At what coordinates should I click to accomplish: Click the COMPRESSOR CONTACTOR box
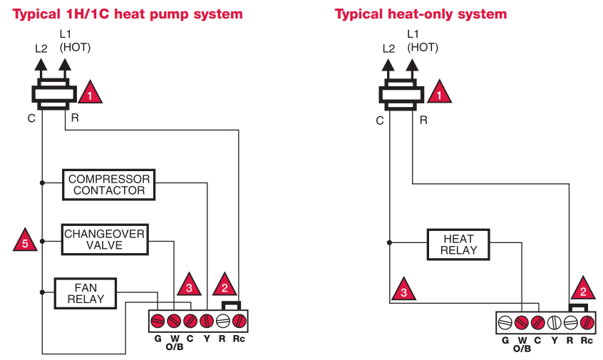(x=108, y=185)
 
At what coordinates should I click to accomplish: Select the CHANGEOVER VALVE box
(x=104, y=240)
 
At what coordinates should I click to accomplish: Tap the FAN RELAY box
(x=86, y=293)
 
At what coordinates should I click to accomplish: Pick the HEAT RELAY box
(x=458, y=245)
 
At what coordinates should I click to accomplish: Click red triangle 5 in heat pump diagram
(x=25, y=241)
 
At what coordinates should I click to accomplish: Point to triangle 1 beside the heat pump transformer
(x=90, y=93)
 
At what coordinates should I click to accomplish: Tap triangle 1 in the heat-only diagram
(x=439, y=93)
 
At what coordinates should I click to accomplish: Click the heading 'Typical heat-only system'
(x=421, y=14)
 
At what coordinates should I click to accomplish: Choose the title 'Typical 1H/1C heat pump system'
(x=127, y=14)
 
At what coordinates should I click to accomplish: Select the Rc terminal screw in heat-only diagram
(x=586, y=322)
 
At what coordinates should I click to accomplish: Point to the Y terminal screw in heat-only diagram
(x=553, y=322)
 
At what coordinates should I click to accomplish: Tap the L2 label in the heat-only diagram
(x=388, y=48)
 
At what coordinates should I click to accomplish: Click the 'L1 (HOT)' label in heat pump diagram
(x=74, y=41)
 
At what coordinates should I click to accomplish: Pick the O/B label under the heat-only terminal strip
(x=522, y=349)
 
